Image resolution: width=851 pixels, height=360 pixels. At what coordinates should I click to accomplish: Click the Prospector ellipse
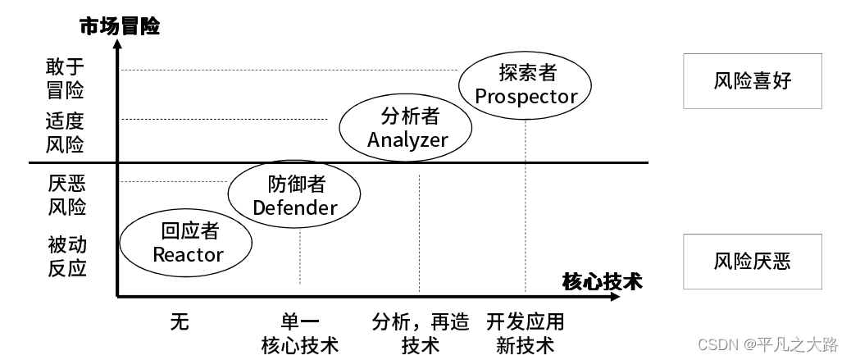coord(526,84)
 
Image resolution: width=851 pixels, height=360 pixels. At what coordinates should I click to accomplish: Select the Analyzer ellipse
coord(407,127)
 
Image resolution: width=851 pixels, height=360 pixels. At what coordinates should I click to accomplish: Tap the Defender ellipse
coord(294,196)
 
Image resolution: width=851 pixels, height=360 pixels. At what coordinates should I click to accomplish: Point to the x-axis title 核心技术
coord(602,281)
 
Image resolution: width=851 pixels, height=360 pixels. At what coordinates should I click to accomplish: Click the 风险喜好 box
coord(752,81)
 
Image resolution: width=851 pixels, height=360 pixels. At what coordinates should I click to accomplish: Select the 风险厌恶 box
coord(752,261)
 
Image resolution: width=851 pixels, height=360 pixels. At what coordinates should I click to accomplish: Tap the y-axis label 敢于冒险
coord(66,77)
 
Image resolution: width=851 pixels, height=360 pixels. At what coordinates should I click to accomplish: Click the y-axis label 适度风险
coord(66,133)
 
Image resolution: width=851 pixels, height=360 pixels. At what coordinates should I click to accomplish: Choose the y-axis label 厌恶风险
coord(66,194)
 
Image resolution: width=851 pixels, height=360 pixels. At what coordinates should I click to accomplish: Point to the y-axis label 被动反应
coord(66,255)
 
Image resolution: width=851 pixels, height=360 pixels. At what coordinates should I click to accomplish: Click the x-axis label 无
coord(180,321)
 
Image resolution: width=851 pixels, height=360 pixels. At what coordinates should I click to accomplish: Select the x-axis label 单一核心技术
coord(299,332)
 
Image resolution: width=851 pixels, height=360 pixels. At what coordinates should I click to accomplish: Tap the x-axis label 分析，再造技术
coord(420,332)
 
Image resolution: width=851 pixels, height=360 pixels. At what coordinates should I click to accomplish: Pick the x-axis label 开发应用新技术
coord(526,332)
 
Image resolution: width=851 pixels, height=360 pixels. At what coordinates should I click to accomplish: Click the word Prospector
coord(526,96)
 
